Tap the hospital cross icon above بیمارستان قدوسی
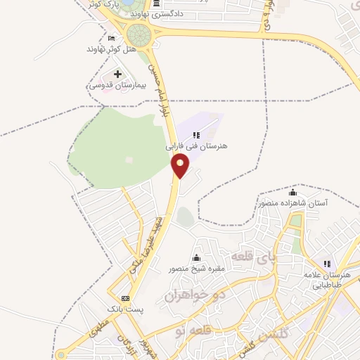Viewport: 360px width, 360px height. (117, 73)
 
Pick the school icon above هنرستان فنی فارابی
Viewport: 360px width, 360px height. (197, 136)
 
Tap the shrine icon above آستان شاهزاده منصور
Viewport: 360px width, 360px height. (292, 192)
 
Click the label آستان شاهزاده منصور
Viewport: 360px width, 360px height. (292, 202)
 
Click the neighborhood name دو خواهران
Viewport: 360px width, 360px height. (193, 295)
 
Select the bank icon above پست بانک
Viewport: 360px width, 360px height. (125, 298)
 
